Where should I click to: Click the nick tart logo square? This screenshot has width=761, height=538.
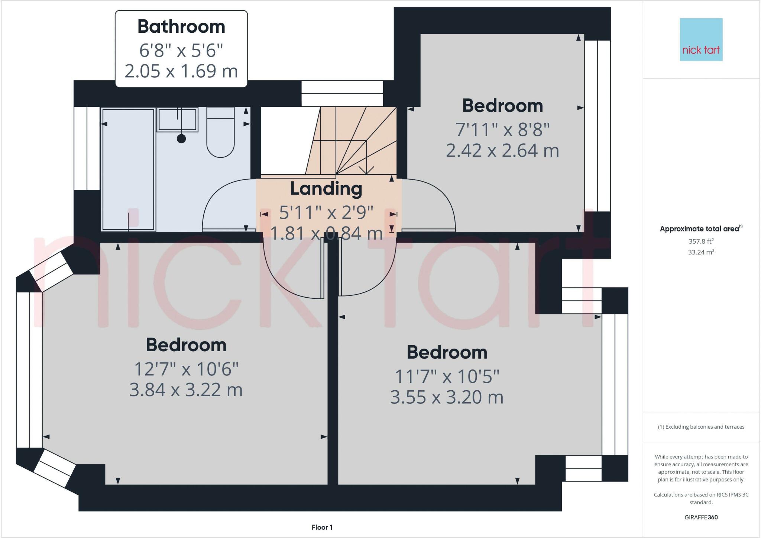point(701,39)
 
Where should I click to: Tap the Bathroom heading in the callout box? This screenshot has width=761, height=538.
point(181,27)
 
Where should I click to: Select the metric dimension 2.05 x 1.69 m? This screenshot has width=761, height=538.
point(181,71)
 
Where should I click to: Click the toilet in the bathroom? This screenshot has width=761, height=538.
point(220,132)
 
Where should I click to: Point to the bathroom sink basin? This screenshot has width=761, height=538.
point(177,119)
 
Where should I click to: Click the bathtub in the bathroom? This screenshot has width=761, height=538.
point(128,169)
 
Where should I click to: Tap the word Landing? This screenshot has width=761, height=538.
point(326,189)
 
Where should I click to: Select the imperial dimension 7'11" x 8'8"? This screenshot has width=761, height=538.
point(503,129)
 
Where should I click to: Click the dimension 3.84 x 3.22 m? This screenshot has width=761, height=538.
point(186,390)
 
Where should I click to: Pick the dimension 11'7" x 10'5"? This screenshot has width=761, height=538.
point(447,376)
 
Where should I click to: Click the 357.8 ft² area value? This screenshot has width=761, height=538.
point(701,241)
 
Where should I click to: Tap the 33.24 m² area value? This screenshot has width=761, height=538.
point(701,252)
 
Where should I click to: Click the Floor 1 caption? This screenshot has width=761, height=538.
point(322,527)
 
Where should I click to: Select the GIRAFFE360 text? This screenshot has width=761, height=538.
point(701,517)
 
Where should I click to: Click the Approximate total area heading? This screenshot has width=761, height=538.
point(701,228)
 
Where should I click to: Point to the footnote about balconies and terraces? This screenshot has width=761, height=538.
point(701,427)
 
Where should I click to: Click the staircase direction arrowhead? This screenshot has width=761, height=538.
point(366,170)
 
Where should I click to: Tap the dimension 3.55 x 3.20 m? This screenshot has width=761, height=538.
point(447,397)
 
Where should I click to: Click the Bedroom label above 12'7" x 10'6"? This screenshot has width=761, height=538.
point(186,345)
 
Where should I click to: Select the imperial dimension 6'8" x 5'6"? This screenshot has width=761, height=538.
point(181,50)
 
